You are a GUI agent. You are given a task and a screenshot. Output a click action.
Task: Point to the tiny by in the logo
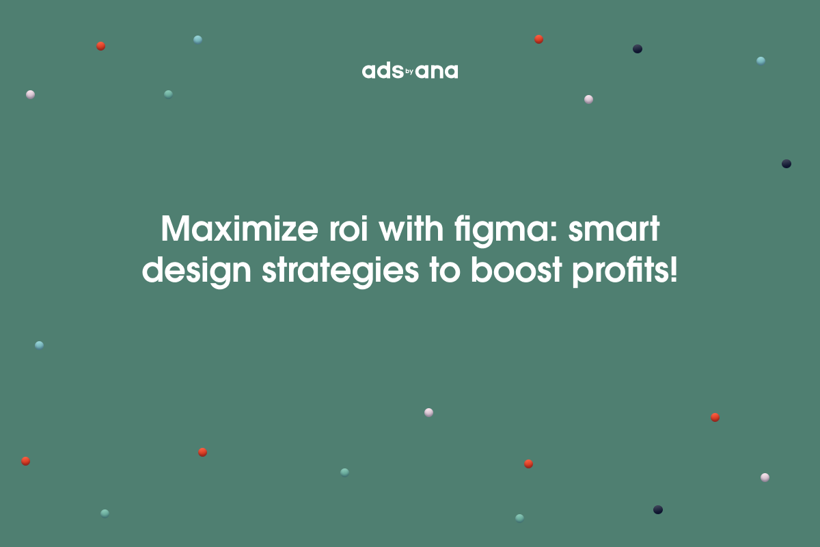pos(410,70)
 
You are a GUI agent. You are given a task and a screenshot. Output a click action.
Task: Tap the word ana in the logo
pos(437,72)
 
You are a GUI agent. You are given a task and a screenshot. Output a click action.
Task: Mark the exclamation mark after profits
pos(674,271)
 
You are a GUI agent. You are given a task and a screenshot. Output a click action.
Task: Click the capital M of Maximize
pos(176,230)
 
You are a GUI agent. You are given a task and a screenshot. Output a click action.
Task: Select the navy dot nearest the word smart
pos(787,164)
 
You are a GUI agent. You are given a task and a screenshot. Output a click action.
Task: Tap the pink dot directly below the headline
pos(428,412)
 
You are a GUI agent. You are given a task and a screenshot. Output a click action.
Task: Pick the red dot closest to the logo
pos(538,39)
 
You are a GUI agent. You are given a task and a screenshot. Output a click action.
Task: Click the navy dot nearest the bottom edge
pos(658,509)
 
